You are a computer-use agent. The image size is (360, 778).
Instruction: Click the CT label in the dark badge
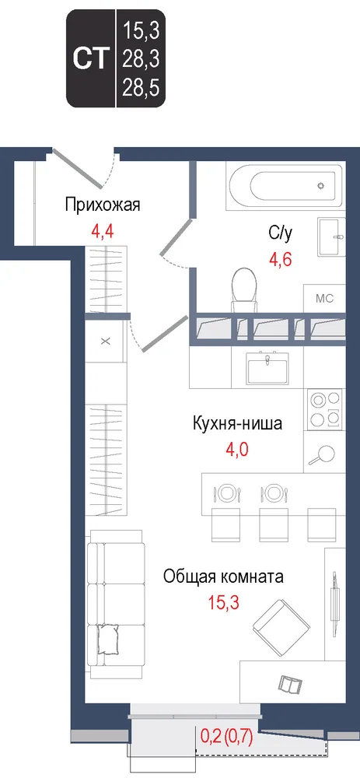tap(91, 59)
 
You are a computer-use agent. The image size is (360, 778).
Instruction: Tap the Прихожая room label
tap(103, 205)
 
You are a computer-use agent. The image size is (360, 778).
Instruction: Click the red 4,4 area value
tap(103, 231)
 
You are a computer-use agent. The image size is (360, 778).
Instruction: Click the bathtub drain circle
tap(321, 186)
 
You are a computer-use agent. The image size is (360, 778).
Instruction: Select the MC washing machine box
tap(324, 299)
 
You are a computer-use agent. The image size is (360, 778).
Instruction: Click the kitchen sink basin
tap(267, 368)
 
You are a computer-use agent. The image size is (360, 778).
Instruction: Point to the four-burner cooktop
tap(326, 409)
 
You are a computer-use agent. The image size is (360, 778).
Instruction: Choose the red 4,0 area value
tap(236, 450)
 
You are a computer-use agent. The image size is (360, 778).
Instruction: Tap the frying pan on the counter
tap(322, 454)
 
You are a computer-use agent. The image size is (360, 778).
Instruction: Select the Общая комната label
tap(223, 577)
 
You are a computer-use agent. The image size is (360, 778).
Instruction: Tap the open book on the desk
tap(288, 683)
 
